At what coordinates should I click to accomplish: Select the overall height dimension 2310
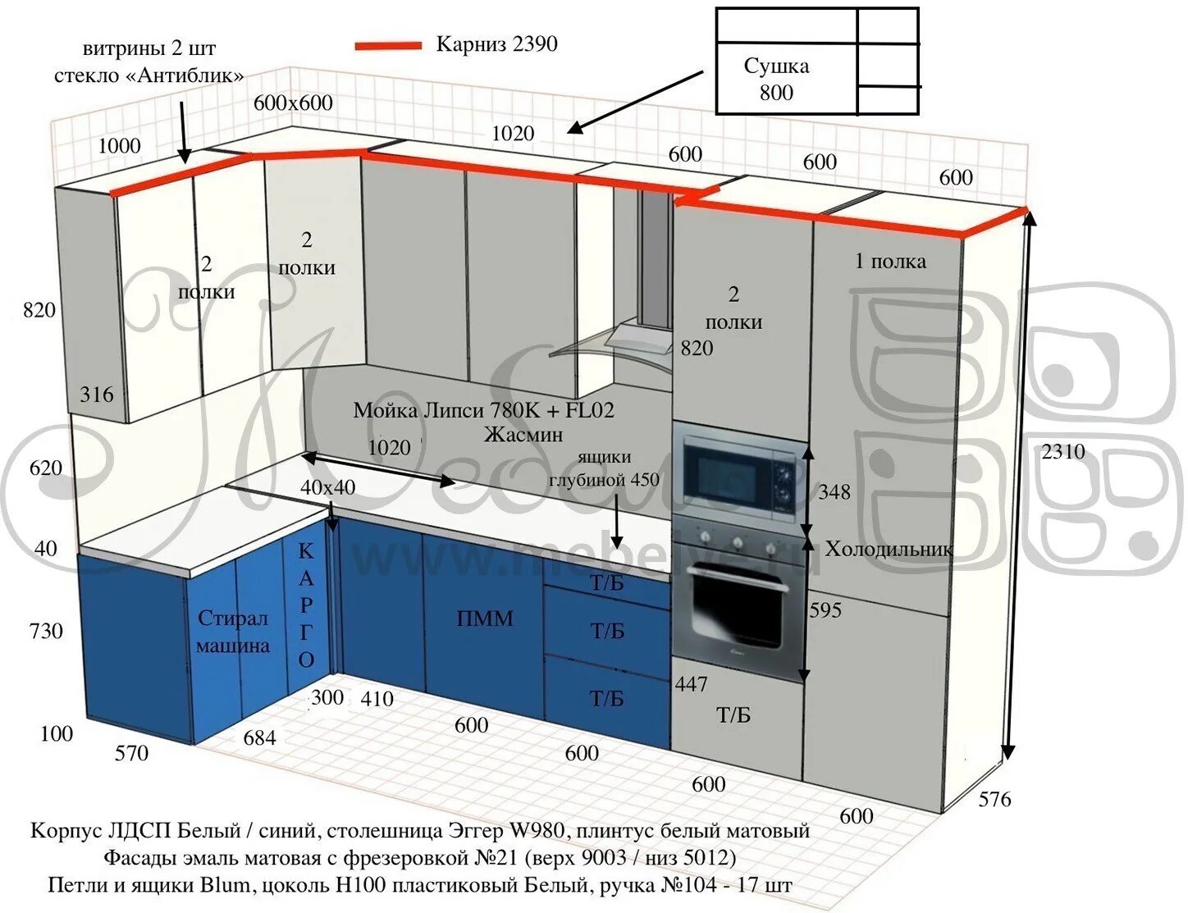coord(1062,452)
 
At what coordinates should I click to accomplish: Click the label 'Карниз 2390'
coord(496,44)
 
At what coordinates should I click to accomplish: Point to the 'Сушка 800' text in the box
coord(776,79)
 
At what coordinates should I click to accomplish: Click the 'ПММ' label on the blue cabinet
coord(485,619)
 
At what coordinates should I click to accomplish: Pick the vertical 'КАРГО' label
coord(306,606)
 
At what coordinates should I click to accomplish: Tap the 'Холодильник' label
coord(889,549)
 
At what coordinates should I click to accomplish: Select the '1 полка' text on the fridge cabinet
coord(890,262)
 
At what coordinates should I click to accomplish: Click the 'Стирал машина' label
coord(233,632)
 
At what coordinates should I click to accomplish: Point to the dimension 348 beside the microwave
coord(834,492)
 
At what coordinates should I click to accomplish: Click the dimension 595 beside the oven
coord(825,610)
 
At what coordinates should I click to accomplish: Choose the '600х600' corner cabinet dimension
coord(293,103)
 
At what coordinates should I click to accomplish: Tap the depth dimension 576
coord(994,799)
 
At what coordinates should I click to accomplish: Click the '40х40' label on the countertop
coord(327,487)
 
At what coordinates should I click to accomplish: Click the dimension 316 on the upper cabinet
coord(97,395)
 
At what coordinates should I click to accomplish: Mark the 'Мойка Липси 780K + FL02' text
coord(483,410)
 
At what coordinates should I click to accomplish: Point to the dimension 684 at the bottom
coord(259,738)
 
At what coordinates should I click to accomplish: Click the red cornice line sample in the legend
coord(387,46)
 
